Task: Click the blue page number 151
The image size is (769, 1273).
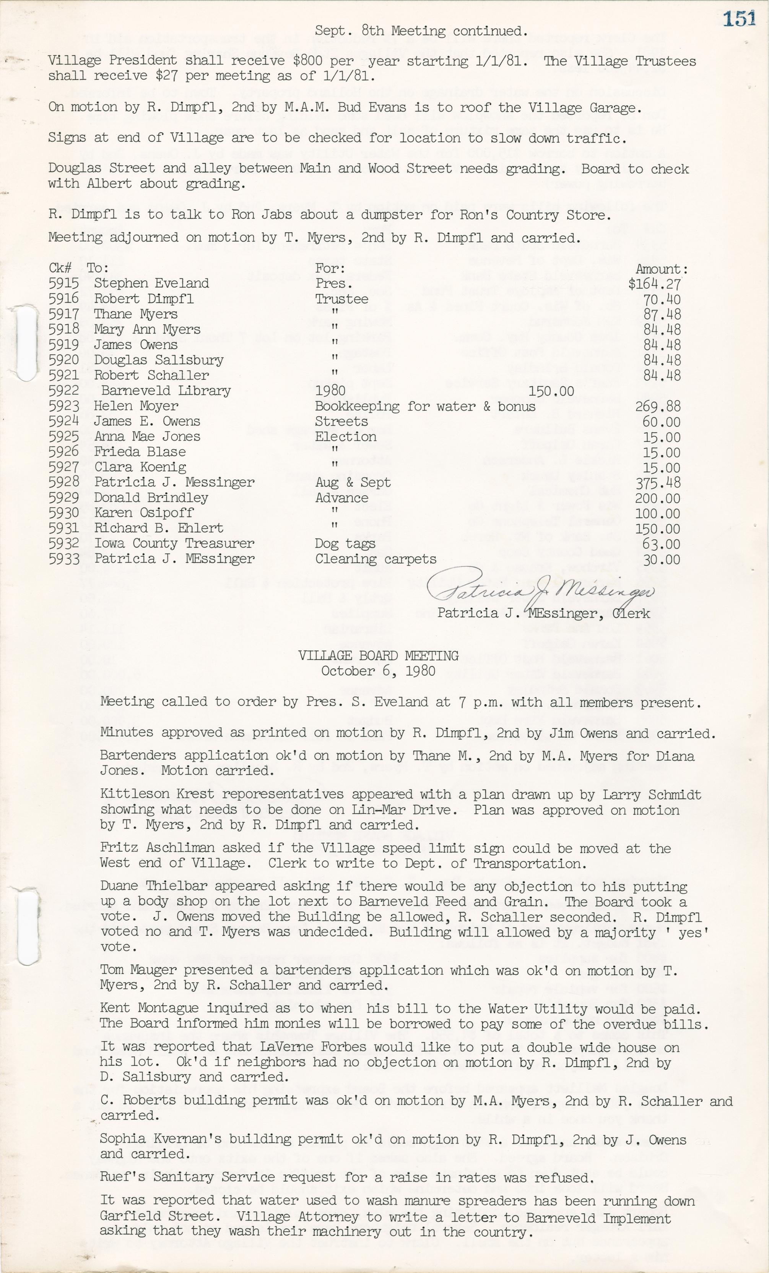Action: (740, 19)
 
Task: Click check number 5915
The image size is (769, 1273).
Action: (63, 283)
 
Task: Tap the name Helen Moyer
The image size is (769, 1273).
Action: (136, 406)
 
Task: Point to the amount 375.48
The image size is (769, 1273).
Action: (658, 483)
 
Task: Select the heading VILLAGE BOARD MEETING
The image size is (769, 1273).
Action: (378, 656)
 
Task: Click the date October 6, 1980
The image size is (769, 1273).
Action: (378, 671)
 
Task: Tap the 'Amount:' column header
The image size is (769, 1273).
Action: (662, 269)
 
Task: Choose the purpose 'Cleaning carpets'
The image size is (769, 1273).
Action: (376, 559)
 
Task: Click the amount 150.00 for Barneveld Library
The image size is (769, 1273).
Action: (551, 391)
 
